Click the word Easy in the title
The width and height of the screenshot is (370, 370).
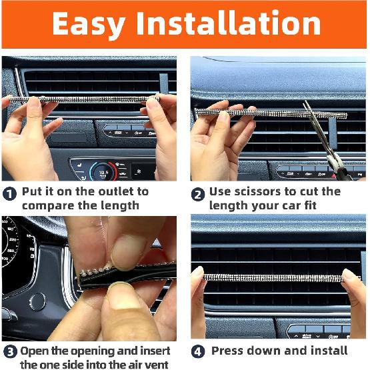click(x=89, y=24)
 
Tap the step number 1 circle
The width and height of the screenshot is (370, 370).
click(x=9, y=194)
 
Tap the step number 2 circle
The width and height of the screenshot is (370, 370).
click(x=197, y=194)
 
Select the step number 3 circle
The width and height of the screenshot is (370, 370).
click(x=9, y=351)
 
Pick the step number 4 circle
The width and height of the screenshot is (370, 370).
click(x=197, y=351)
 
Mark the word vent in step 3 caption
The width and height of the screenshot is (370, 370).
click(x=157, y=364)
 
